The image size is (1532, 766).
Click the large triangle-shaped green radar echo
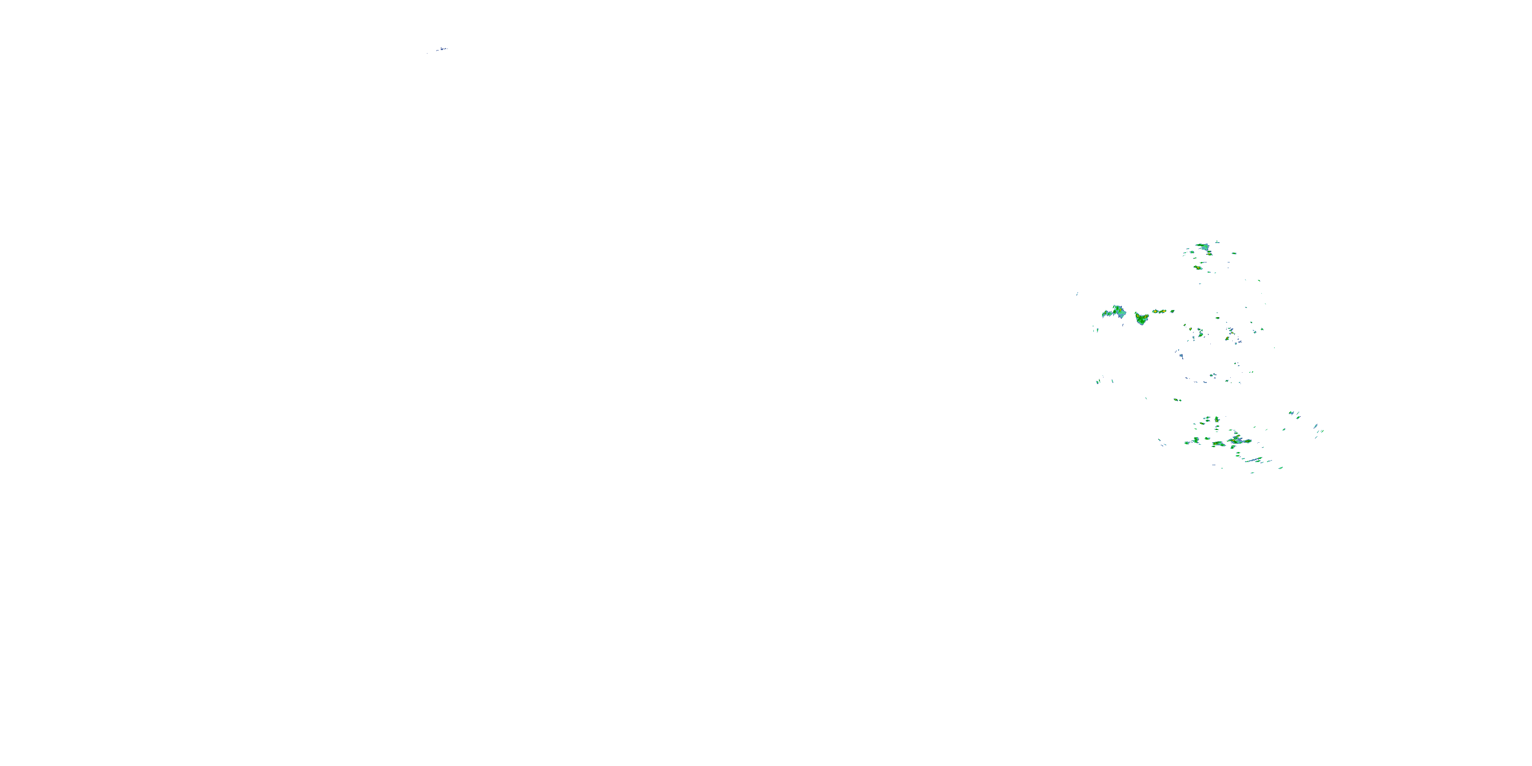click(x=1141, y=319)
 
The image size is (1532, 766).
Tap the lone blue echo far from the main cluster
click(x=441, y=49)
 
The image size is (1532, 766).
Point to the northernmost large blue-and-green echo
click(x=1203, y=246)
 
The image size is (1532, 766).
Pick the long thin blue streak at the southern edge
click(x=1254, y=460)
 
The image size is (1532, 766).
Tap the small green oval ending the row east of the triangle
click(x=1172, y=311)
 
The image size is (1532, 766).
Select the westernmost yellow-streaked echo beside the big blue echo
click(x=1106, y=313)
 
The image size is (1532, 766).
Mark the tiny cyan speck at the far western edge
click(x=1078, y=293)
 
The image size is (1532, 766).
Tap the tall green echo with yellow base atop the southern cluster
click(x=1217, y=420)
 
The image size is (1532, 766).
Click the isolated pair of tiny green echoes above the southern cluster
click(x=1177, y=400)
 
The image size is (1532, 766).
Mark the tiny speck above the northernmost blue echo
click(x=1217, y=242)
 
